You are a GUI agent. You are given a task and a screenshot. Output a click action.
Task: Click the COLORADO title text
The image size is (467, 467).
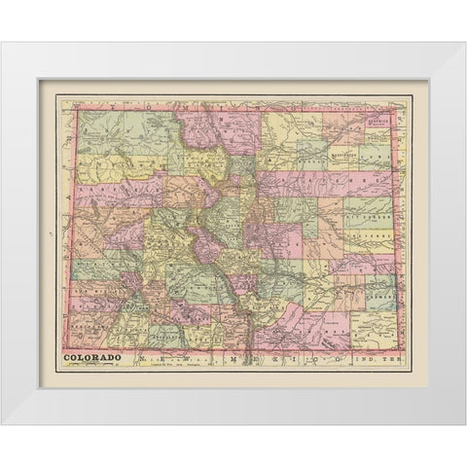pos(93,357)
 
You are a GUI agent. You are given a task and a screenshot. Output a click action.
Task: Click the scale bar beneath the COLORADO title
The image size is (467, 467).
pos(93,367)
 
